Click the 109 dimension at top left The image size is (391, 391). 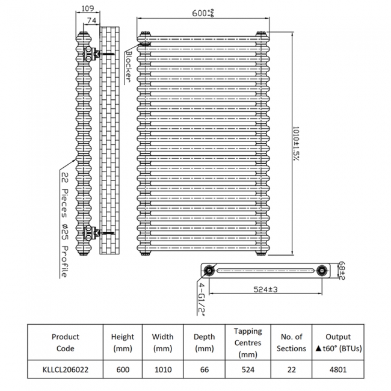click(x=87, y=8)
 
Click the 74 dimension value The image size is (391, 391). click(x=91, y=20)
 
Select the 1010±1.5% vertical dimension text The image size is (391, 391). click(x=297, y=143)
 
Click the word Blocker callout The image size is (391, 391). click(x=129, y=67)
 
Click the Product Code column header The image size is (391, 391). click(x=65, y=342)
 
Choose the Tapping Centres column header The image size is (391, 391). click(x=248, y=342)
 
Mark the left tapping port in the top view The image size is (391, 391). click(x=209, y=271)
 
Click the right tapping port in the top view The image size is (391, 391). click(x=324, y=271)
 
